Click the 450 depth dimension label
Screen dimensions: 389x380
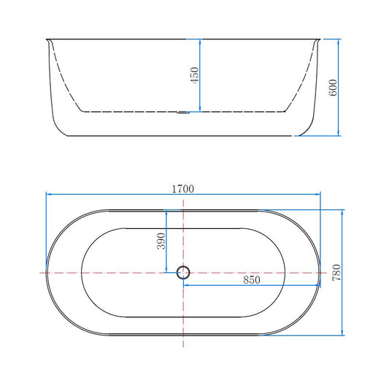tap(194, 75)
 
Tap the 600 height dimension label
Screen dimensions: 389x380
tap(333, 88)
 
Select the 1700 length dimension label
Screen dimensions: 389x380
tap(183, 189)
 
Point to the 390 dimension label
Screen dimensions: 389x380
tap(161, 241)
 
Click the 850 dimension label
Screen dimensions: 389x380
tap(252, 280)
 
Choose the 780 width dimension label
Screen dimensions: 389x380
tap(336, 273)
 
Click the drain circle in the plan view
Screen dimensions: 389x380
tap(183, 273)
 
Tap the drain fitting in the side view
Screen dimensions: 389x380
tap(183, 113)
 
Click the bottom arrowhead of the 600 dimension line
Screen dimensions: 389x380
tap(339, 133)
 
